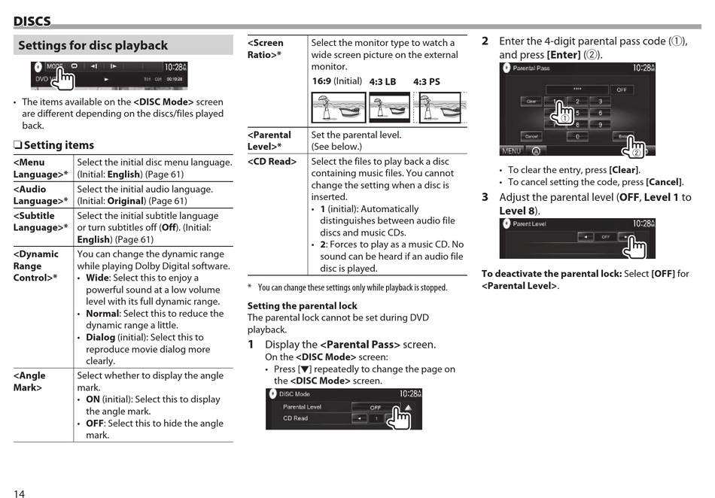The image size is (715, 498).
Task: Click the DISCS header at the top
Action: click(x=32, y=22)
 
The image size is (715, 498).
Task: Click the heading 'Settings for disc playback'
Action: click(x=93, y=46)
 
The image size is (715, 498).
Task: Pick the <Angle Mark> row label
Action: click(x=29, y=381)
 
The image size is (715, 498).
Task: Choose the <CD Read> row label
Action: click(x=272, y=162)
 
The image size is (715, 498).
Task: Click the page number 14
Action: click(x=19, y=493)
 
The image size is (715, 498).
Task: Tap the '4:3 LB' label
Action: click(x=382, y=82)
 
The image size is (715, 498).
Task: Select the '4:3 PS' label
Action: click(x=427, y=82)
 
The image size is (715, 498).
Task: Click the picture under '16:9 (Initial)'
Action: click(x=339, y=108)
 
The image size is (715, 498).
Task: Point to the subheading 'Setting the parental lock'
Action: click(x=303, y=306)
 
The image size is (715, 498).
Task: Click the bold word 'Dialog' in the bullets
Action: click(x=101, y=338)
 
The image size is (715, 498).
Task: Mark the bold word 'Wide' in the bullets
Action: click(x=97, y=278)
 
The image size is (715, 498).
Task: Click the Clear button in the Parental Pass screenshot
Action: click(x=531, y=101)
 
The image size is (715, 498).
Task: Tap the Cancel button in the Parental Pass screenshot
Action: click(x=531, y=136)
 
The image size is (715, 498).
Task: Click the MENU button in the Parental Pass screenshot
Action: click(x=512, y=150)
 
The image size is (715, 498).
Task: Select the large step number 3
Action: click(x=485, y=197)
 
